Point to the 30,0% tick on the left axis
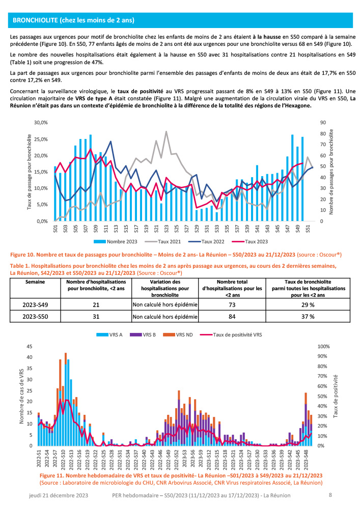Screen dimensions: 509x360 coord(40,123)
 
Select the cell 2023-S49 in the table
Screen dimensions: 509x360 coord(36,304)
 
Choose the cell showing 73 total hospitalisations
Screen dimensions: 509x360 coord(232,304)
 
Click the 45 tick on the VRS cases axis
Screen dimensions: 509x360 coord(29,346)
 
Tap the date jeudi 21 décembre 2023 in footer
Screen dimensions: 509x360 coord(59,494)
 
